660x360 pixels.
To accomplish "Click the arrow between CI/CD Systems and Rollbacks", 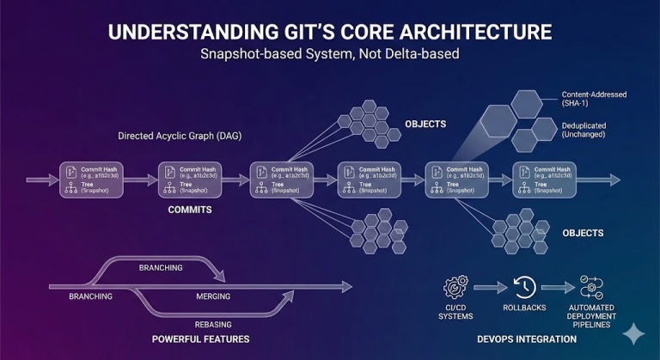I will (x=490, y=287).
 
